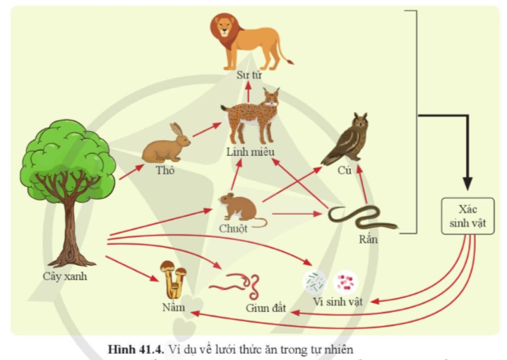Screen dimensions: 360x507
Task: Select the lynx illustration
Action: (251, 116)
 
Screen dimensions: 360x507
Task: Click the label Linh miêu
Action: (250, 152)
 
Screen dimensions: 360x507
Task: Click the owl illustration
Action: (348, 140)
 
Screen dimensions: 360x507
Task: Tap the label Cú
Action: (345, 170)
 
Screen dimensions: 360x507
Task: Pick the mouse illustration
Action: (239, 208)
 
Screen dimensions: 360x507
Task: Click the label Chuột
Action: (234, 229)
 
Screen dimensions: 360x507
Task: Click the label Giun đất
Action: (266, 308)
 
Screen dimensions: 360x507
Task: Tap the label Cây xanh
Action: (65, 277)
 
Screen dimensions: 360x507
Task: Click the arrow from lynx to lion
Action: (249, 85)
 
